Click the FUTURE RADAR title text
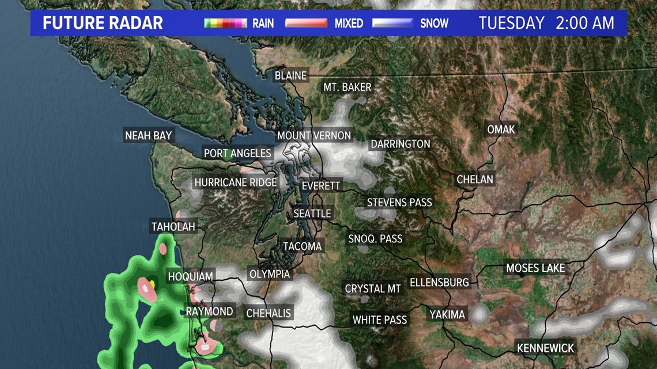coord(103,24)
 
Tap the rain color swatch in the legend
coord(226,24)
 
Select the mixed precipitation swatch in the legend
coord(308,24)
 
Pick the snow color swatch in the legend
coord(392,24)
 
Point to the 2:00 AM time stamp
coord(584,23)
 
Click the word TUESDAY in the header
coord(511,23)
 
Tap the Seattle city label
coord(312,214)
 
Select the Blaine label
coord(290,75)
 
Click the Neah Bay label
coord(149,136)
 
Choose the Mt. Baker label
coord(347,88)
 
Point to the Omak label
coord(501,130)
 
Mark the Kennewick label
coord(546,348)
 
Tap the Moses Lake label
coord(535,268)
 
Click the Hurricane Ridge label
coord(236,182)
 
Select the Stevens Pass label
coord(399,203)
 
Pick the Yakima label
coord(447,315)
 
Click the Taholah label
coord(173,227)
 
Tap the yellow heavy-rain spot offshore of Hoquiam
coord(152,283)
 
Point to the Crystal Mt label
coord(373,288)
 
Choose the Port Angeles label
coord(237,153)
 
